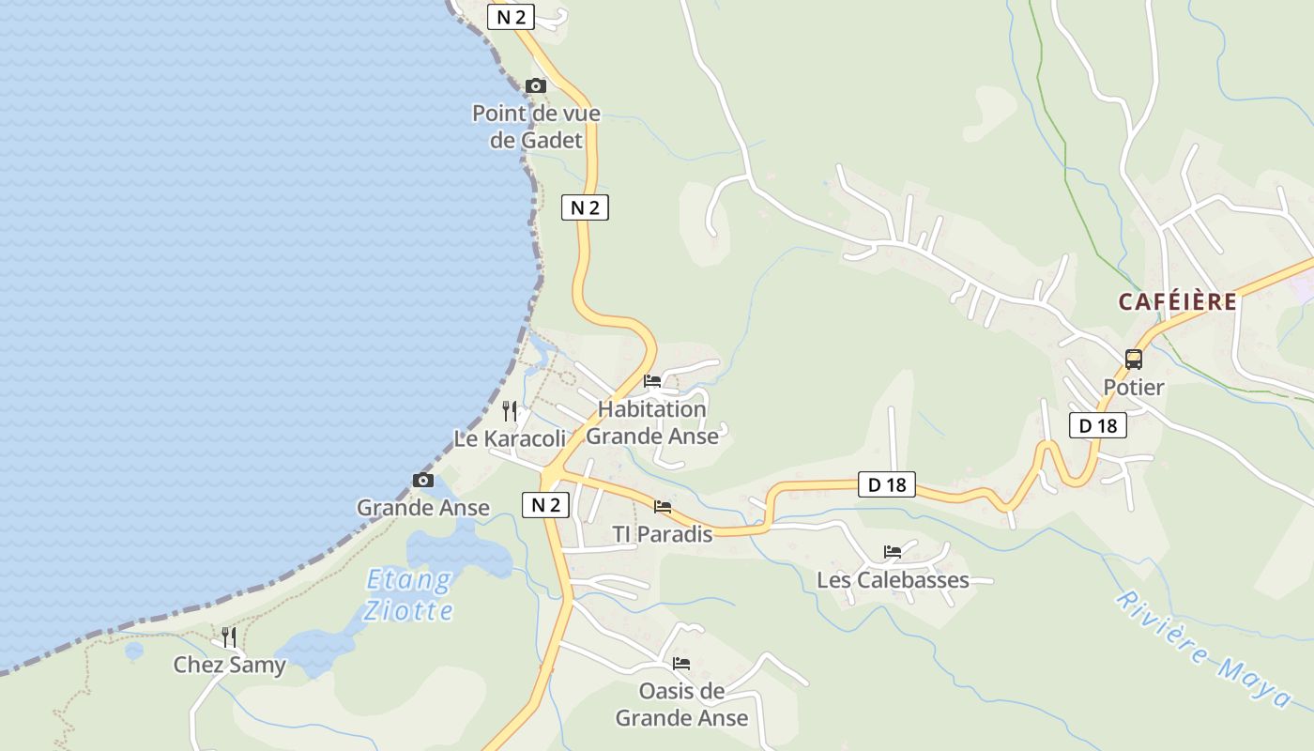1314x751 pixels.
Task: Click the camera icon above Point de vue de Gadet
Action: click(535, 85)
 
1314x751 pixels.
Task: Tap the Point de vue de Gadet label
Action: click(536, 127)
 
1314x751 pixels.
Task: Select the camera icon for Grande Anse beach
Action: click(423, 481)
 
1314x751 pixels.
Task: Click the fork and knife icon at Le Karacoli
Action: click(510, 410)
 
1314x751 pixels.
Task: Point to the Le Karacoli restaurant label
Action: click(510, 438)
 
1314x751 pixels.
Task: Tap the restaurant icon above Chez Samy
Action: click(229, 637)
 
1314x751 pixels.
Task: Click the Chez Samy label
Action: click(229, 666)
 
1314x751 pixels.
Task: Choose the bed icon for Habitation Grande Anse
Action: click(652, 381)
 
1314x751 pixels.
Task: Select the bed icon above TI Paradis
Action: click(663, 507)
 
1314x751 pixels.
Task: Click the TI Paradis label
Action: click(663, 534)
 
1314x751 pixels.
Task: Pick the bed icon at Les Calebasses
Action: click(893, 552)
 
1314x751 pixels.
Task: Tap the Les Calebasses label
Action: click(893, 580)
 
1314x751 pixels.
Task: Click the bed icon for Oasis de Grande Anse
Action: click(681, 664)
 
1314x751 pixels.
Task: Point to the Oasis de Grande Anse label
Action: click(681, 705)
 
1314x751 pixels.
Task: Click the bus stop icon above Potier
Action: click(1134, 360)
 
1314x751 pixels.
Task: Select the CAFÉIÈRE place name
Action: click(1177, 302)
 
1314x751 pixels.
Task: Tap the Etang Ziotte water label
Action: click(409, 595)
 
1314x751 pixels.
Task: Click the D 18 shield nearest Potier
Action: click(1097, 425)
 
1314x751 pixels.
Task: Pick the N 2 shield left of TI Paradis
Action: click(545, 505)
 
